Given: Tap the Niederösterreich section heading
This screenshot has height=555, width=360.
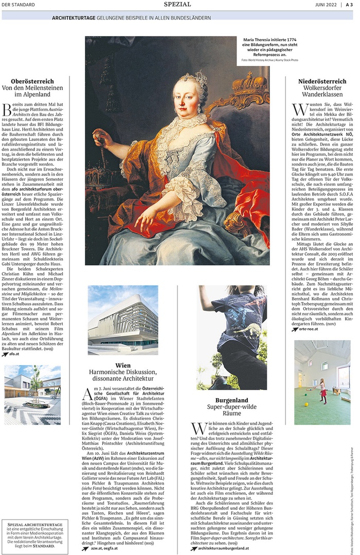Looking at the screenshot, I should pos(322,81).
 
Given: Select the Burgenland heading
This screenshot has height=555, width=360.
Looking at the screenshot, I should pos(231,400).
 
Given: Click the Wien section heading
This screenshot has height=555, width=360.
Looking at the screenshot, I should pos(123,366).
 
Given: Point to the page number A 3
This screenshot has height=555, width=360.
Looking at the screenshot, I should pos(349,5).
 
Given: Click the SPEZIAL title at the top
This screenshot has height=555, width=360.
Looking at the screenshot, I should pos(177,5).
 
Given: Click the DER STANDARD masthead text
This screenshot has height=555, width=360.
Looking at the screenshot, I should pos(19,5).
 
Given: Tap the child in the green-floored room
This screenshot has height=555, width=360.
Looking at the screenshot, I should pos(323,390).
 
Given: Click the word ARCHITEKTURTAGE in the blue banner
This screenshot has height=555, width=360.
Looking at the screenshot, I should pos(74,17).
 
